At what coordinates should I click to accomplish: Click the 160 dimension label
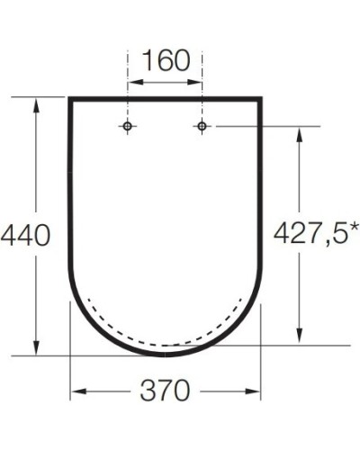(166, 61)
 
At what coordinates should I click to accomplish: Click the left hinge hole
(129, 126)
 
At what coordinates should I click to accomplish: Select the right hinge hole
(202, 126)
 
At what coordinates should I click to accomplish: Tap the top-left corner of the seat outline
(70, 95)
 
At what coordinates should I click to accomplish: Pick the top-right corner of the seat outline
(262, 95)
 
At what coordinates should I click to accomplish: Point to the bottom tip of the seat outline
(166, 355)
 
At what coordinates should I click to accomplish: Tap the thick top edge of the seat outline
(166, 95)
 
